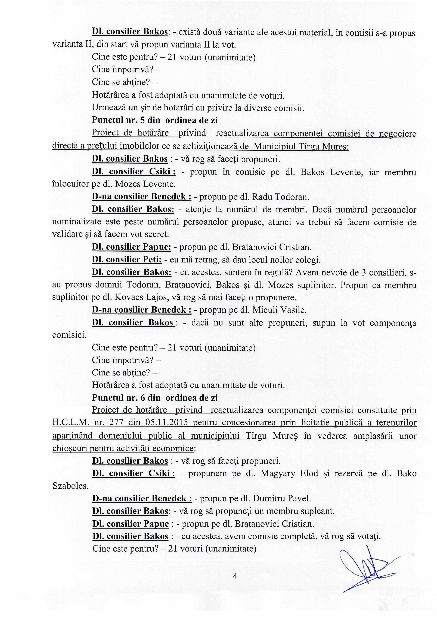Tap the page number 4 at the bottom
pyautogui.click(x=235, y=576)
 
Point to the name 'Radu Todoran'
pyautogui.click(x=280, y=197)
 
